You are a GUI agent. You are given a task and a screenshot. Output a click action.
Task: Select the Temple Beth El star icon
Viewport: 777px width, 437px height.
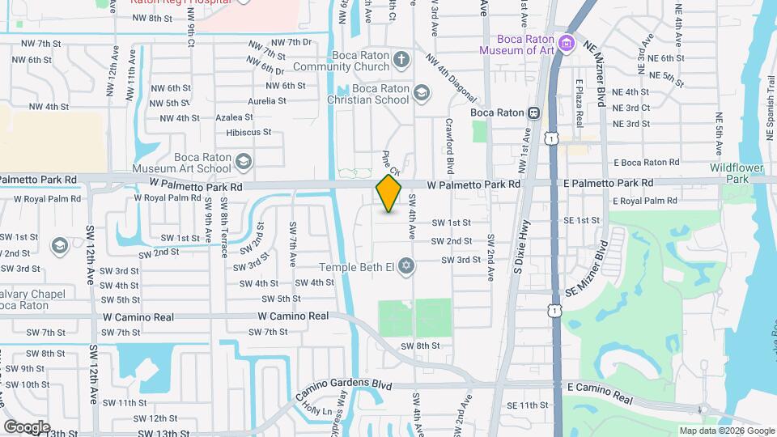[x=406, y=265]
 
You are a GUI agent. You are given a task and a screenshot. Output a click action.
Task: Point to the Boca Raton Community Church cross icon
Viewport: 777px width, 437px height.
[x=401, y=60]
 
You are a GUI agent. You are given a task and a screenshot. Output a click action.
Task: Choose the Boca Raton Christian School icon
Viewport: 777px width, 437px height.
[x=421, y=94]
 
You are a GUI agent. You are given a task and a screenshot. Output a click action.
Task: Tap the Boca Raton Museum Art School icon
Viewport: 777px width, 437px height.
[x=243, y=162]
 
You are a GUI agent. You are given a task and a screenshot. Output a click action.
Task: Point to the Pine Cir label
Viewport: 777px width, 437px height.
[x=391, y=161]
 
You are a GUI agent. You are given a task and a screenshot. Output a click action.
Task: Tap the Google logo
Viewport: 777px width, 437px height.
[x=27, y=426]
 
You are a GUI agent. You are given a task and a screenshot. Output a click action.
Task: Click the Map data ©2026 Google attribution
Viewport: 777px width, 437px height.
[x=726, y=431]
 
